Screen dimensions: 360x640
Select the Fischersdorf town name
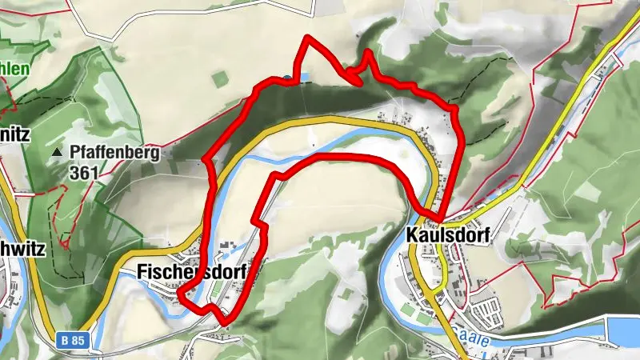tap(189, 270)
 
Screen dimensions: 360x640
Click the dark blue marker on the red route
tap(286, 78)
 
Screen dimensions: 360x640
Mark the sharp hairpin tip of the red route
tap(349, 76)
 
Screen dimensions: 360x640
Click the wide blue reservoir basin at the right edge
tap(622, 330)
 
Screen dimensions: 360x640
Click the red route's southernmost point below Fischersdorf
tap(226, 322)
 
